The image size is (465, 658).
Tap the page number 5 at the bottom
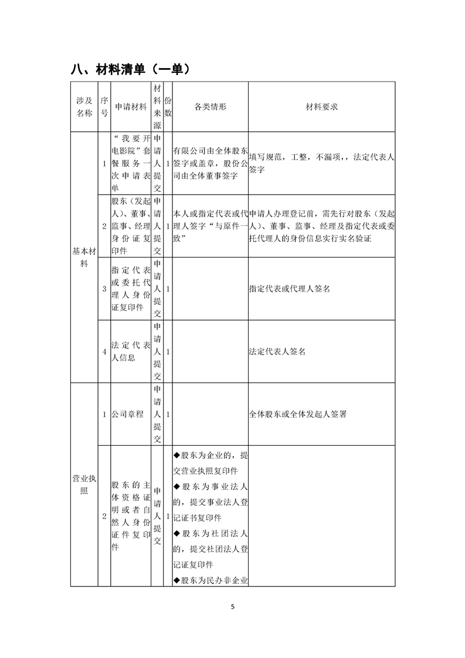(x=233, y=606)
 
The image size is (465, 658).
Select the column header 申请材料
(x=131, y=107)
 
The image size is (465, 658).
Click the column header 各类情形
(x=211, y=107)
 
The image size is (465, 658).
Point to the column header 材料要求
(x=321, y=107)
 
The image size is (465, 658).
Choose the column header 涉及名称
(x=84, y=107)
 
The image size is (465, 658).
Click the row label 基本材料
(x=84, y=257)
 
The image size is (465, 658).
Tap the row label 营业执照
(x=84, y=484)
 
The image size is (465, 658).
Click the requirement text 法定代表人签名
(x=277, y=352)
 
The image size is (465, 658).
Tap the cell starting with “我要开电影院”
(x=131, y=163)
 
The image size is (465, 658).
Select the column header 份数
(x=168, y=107)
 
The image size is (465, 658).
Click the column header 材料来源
(x=157, y=107)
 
